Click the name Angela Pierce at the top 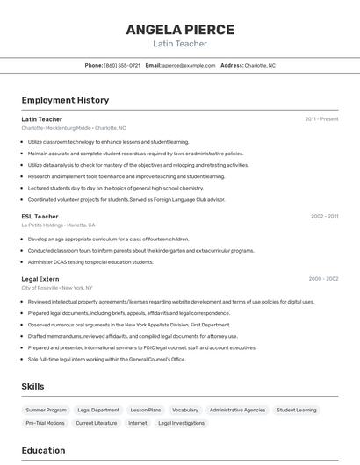[x=180, y=30]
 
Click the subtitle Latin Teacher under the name [x=180, y=44]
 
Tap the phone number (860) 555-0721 [x=122, y=65]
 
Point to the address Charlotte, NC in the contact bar [x=259, y=65]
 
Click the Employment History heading [x=65, y=100]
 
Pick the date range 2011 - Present [x=321, y=119]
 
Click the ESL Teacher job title [x=40, y=216]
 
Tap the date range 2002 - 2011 [x=324, y=216]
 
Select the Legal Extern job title [x=41, y=279]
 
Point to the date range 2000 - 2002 [x=323, y=279]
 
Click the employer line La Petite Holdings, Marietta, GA [x=59, y=225]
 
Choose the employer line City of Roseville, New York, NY [x=57, y=288]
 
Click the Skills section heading [x=33, y=386]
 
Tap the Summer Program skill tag [x=46, y=410]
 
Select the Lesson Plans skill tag [x=146, y=410]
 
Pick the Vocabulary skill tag [x=185, y=410]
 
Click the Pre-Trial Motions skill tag [x=45, y=423]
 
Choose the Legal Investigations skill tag [x=181, y=423]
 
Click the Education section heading [x=43, y=450]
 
